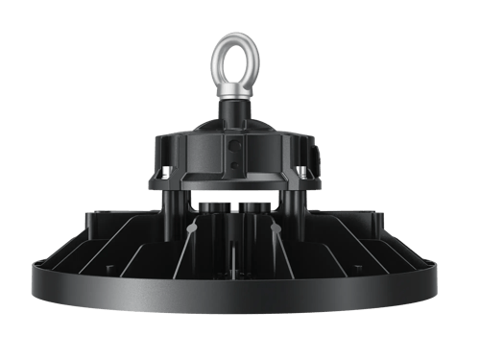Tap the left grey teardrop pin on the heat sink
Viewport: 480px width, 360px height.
pyautogui.click(x=194, y=232)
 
